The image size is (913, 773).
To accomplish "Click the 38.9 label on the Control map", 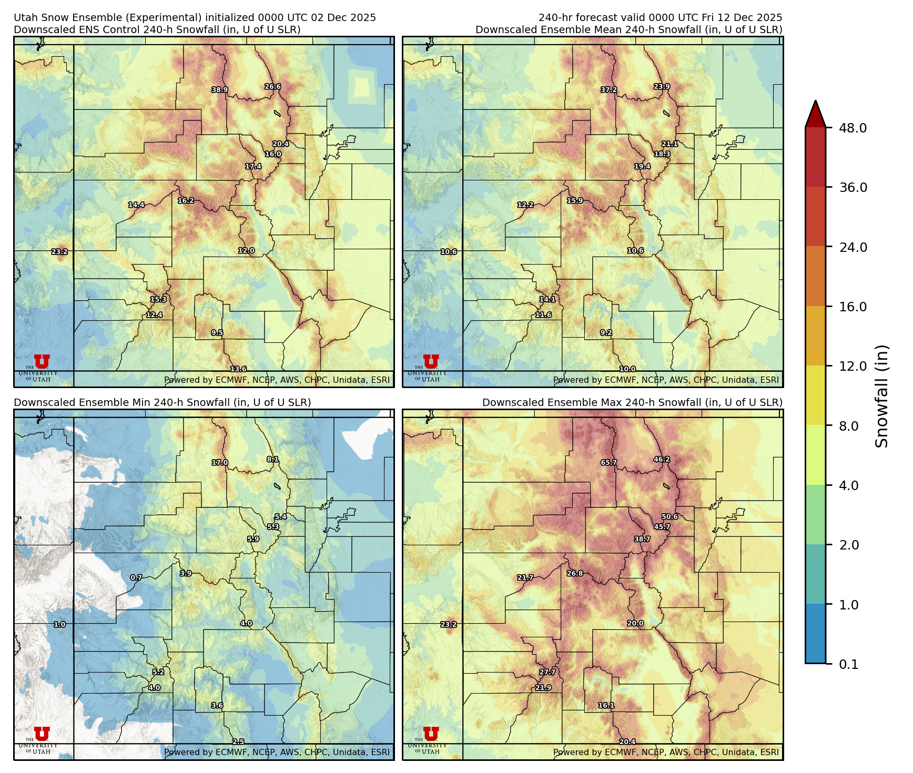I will (x=220, y=90).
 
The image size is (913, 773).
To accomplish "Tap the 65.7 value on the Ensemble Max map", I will (x=608, y=463).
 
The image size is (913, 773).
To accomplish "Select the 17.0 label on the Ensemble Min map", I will (x=220, y=463).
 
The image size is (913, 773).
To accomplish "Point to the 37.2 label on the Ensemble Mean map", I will (x=608, y=90).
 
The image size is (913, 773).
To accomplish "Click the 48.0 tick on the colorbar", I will (x=853, y=128).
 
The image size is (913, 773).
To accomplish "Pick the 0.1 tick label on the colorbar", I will (x=848, y=664).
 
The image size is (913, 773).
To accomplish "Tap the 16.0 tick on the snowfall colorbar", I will (x=853, y=307).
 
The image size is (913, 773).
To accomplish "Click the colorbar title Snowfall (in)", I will (x=881, y=396).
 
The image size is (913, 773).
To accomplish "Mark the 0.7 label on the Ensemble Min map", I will (x=136, y=577).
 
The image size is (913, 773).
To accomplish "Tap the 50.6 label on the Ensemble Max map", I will (x=669, y=517).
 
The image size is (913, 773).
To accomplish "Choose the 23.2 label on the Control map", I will (x=59, y=252).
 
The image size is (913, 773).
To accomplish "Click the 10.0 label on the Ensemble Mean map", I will (x=627, y=369).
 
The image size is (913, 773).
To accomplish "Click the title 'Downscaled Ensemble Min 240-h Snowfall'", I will (x=162, y=402).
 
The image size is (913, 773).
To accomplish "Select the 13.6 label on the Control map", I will (x=238, y=369).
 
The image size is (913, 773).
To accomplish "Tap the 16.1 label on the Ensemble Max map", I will (x=606, y=705).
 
